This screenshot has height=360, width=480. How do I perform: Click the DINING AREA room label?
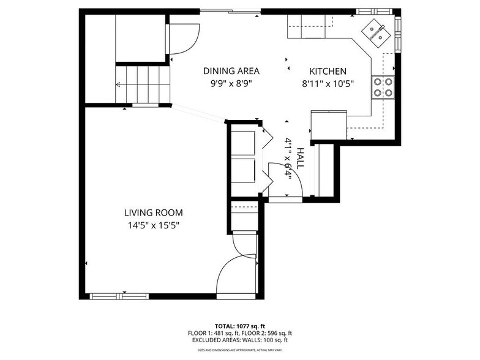coord(231,71)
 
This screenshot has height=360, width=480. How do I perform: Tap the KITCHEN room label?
coord(328,71)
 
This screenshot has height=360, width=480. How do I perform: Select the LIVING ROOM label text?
coord(153,213)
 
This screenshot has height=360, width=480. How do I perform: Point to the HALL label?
coord(300,158)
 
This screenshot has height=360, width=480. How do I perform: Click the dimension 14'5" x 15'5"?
coord(153,225)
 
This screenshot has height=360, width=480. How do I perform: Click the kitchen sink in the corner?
coord(376,32)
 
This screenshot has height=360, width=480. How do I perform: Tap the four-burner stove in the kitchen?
coord(383,88)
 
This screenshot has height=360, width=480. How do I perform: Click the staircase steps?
coord(143,84)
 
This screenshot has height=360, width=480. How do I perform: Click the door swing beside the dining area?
coord(184,39)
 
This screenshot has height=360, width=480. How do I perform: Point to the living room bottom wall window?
coord(119,296)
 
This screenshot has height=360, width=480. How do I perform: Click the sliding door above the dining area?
coord(230,11)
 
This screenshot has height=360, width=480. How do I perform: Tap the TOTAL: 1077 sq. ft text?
coord(239,326)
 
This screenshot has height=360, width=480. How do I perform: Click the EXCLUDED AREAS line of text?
coord(239,340)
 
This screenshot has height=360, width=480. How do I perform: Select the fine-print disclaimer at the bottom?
coord(239,350)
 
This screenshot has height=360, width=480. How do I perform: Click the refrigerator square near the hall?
coord(329,125)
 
